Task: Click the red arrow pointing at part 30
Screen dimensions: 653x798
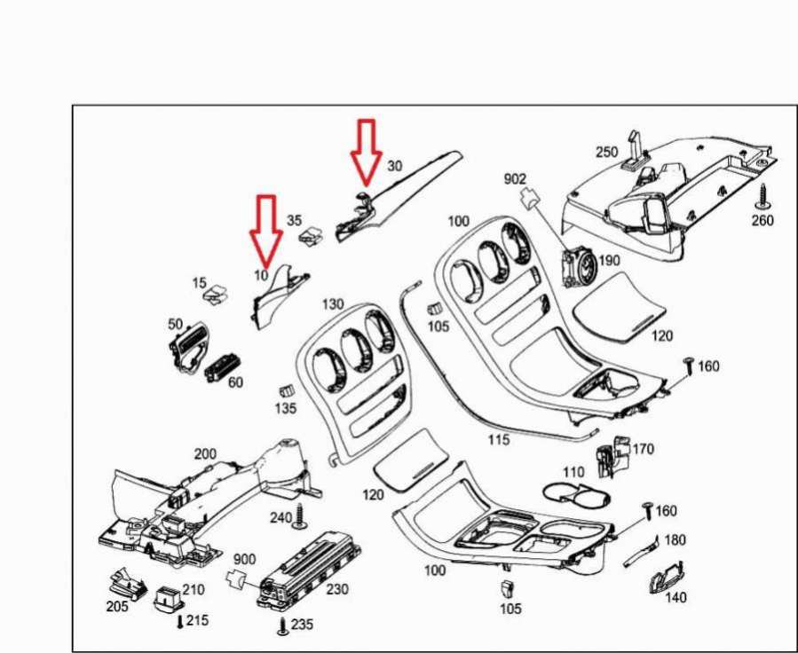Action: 365,149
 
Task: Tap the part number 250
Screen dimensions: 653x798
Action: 606,153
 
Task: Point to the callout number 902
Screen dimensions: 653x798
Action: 516,178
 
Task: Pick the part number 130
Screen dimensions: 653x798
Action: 332,303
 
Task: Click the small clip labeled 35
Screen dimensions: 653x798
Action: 311,235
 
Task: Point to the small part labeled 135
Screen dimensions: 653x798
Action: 285,390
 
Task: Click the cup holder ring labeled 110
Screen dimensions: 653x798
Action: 573,494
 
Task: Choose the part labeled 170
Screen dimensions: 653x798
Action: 612,455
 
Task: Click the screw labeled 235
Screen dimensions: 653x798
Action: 283,625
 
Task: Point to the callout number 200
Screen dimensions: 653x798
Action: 205,453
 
